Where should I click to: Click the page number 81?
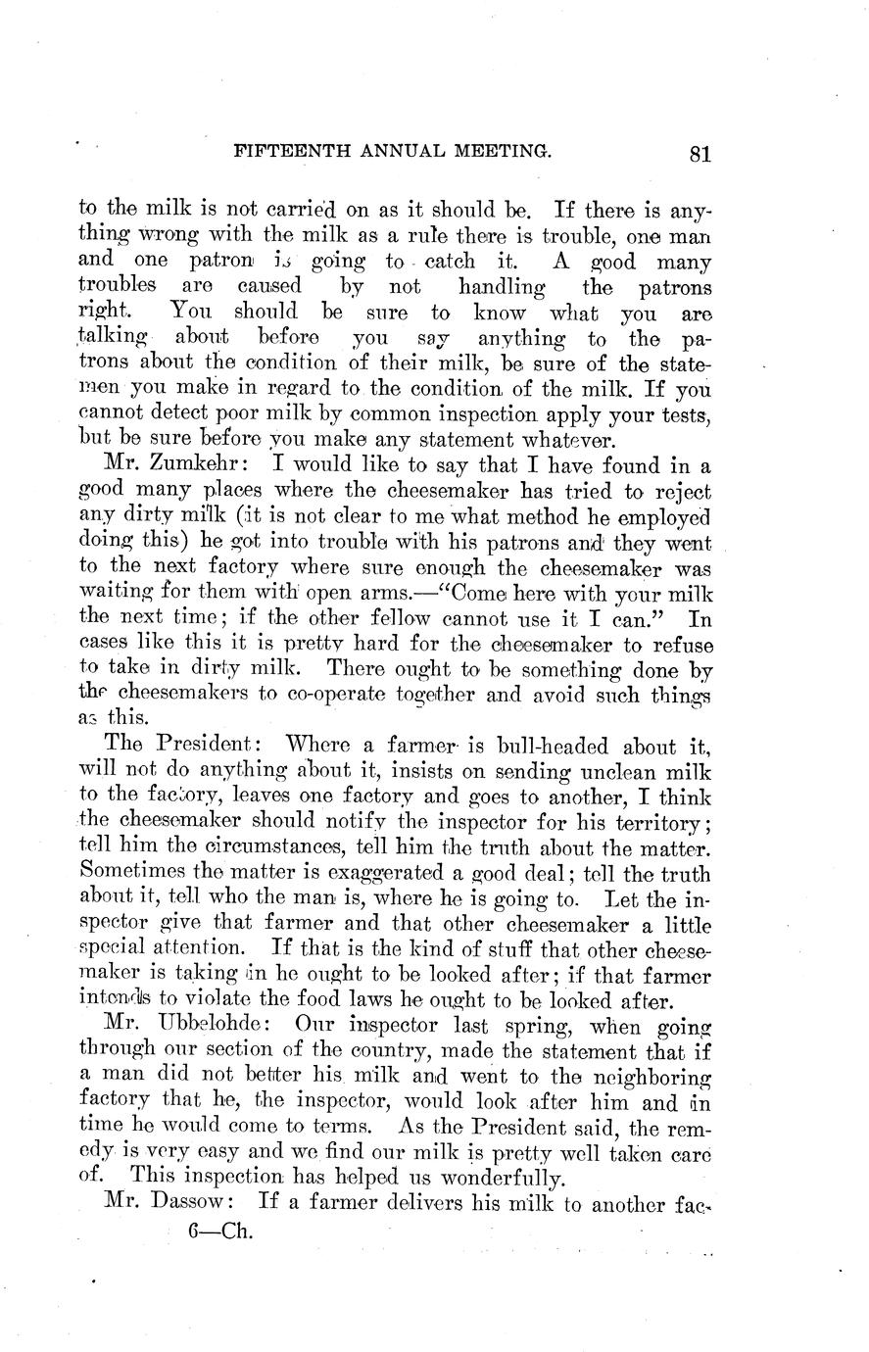coord(699,153)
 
